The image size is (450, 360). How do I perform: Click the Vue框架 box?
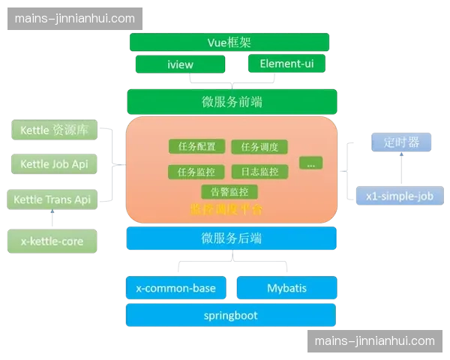(x=229, y=42)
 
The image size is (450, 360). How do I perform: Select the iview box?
(x=180, y=64)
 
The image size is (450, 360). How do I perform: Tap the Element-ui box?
(x=287, y=64)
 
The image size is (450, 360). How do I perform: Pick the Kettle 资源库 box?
(x=54, y=130)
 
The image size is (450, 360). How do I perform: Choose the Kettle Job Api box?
(x=54, y=164)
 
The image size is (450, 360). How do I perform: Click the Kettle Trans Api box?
(x=52, y=199)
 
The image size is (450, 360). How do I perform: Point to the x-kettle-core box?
(x=52, y=241)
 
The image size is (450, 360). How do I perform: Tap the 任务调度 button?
(x=259, y=147)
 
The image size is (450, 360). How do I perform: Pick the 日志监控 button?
(x=259, y=172)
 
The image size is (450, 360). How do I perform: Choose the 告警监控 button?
(x=229, y=192)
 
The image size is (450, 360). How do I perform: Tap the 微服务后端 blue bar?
(x=231, y=238)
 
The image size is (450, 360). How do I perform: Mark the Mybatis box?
(x=286, y=288)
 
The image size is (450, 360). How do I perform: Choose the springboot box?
(x=230, y=315)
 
